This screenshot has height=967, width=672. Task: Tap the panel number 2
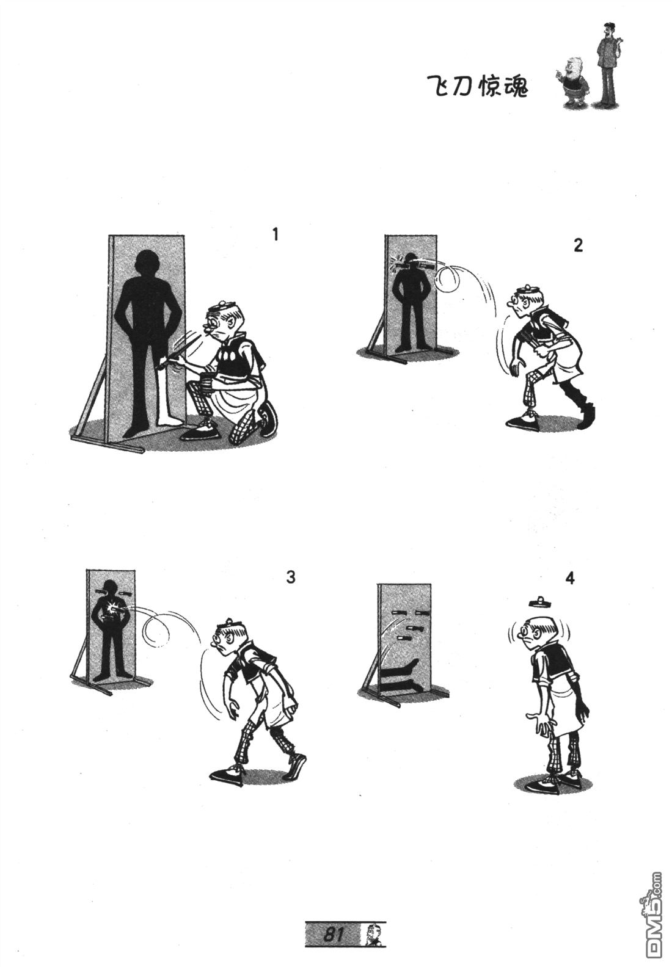pos(579,245)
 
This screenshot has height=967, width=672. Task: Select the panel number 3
pos(291,577)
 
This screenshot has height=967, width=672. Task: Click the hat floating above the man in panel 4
pos(538,601)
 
